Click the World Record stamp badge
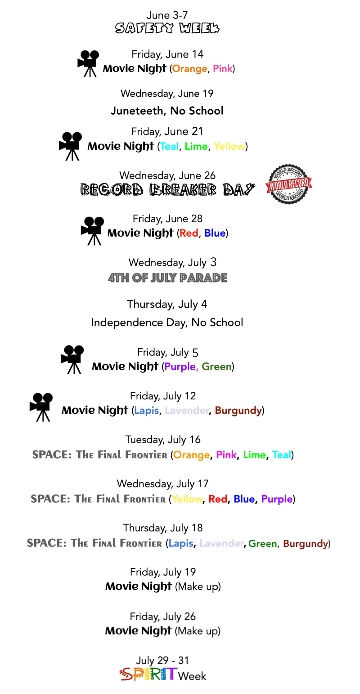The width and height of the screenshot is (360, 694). point(288,184)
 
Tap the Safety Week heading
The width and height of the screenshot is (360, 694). point(167,29)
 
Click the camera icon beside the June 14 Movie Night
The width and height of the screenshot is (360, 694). point(88,63)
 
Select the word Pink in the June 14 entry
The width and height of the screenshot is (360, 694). point(222,69)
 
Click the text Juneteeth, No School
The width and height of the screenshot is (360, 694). point(167,111)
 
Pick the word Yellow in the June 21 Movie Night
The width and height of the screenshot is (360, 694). point(229,147)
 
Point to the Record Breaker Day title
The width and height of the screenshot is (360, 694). point(167,190)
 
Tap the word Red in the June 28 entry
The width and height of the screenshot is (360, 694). point(189,233)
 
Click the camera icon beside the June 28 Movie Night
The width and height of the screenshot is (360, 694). point(93,231)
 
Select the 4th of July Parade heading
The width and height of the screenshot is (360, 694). point(167,278)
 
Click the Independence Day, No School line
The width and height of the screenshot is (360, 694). point(167,322)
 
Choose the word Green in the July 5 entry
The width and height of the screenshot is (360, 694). point(216,367)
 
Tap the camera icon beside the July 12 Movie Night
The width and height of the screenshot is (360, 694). point(41,407)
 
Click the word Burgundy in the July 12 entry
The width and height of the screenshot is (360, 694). point(238,411)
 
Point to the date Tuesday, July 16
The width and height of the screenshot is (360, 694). point(163,439)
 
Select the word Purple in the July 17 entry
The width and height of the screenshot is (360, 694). point(277,499)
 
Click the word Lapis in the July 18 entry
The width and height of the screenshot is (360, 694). point(180,543)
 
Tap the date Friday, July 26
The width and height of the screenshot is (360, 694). point(163,616)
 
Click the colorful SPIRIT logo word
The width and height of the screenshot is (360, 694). point(148,675)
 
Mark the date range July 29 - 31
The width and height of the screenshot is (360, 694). point(163,660)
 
